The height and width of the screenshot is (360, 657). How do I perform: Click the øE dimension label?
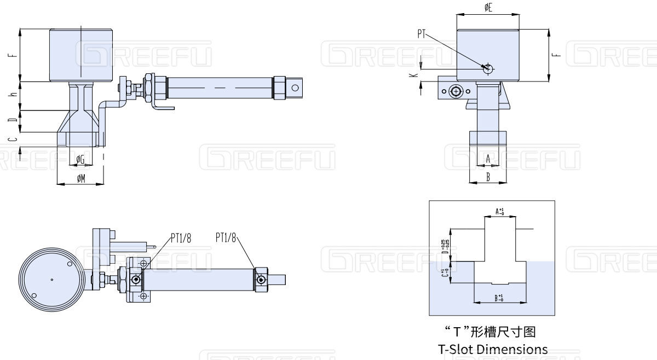[488, 7]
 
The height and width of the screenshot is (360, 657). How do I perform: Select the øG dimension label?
[80, 159]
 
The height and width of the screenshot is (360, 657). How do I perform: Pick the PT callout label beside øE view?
[422, 33]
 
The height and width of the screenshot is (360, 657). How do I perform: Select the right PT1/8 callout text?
[226, 237]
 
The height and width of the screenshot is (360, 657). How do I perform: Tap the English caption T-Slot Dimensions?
[493, 349]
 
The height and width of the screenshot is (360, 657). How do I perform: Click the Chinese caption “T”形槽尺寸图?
[493, 332]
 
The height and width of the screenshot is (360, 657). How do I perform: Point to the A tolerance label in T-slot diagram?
[499, 211]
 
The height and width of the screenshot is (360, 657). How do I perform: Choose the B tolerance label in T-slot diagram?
[499, 298]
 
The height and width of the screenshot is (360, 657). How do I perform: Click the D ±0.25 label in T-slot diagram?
[443, 245]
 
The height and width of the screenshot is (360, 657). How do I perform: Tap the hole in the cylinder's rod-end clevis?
[296, 87]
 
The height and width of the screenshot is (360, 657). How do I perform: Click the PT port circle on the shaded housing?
[488, 68]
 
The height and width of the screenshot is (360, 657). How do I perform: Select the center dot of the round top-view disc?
[51, 280]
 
